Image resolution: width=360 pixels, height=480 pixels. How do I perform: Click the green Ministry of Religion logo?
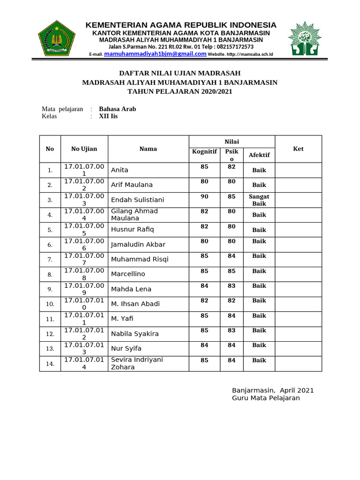pos(57,39)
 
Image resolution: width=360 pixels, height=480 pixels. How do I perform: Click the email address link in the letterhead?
pos(155,54)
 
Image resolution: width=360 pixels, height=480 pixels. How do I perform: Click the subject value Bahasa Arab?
pos(117,109)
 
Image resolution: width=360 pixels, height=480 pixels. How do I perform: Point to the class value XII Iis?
pos(108,116)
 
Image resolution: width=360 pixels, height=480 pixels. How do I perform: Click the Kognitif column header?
pos(204,151)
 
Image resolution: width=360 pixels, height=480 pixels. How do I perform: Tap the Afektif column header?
pos(259,155)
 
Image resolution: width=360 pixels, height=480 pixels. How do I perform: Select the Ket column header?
pos(298,149)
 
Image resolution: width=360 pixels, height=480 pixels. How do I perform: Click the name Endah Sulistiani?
pos(137,200)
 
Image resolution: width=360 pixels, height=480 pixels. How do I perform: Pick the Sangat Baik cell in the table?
pos(259,200)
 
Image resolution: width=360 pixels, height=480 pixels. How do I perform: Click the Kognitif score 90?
pos(204,196)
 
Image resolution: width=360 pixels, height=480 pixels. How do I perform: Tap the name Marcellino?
pos(128,274)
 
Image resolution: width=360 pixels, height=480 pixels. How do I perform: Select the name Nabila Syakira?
pos(135,334)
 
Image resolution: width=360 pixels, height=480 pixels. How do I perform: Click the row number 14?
pos(50,364)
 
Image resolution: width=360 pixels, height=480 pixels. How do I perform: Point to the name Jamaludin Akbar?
pos(138,244)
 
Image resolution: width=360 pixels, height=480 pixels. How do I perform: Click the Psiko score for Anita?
pos(232,167)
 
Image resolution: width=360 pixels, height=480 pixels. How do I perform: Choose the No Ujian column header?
pos(84,149)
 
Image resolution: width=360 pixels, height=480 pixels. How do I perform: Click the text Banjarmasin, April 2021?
pos(273,390)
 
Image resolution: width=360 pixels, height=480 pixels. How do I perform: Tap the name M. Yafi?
pos(122,319)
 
